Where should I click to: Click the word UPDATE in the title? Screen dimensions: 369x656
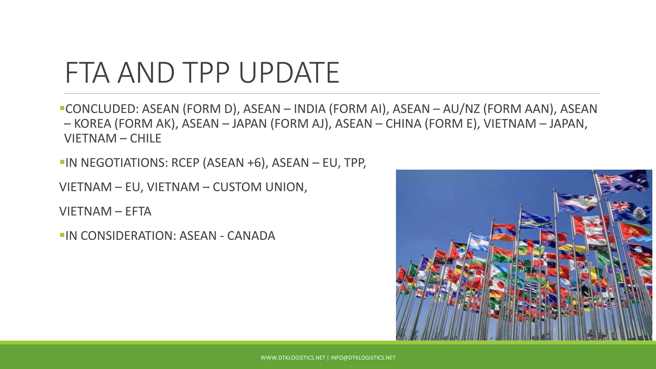[289, 73]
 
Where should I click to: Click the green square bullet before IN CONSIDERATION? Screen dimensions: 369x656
[62, 235]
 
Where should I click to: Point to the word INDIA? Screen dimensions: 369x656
[309, 109]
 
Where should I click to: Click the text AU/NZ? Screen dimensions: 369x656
[461, 109]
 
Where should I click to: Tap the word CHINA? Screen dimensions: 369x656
[403, 124]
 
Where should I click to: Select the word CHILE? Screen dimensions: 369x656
[145, 138]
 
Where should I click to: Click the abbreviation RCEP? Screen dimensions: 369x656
[185, 163]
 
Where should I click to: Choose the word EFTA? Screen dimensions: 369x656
[138, 211]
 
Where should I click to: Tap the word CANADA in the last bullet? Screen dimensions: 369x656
[251, 236]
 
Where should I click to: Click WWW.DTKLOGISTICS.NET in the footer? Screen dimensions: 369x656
[293, 358]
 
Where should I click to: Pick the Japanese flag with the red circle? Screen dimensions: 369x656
[498, 283]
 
